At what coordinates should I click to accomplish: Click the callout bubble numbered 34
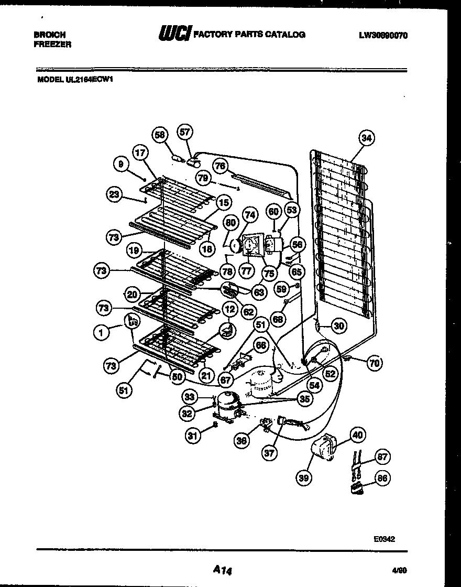click(x=366, y=138)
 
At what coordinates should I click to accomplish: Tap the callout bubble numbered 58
click(x=160, y=135)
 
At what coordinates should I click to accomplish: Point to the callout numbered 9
click(x=121, y=165)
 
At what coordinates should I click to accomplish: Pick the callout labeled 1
click(x=100, y=331)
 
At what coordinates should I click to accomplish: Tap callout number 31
click(x=193, y=434)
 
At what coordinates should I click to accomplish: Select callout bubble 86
click(x=382, y=478)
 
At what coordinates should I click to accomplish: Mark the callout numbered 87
click(x=383, y=457)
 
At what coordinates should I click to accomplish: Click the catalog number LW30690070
click(x=383, y=36)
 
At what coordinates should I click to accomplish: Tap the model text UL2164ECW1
click(x=90, y=80)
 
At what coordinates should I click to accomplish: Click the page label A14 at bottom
click(x=223, y=569)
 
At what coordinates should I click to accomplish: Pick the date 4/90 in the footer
click(x=399, y=568)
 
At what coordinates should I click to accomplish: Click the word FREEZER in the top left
click(x=52, y=45)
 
